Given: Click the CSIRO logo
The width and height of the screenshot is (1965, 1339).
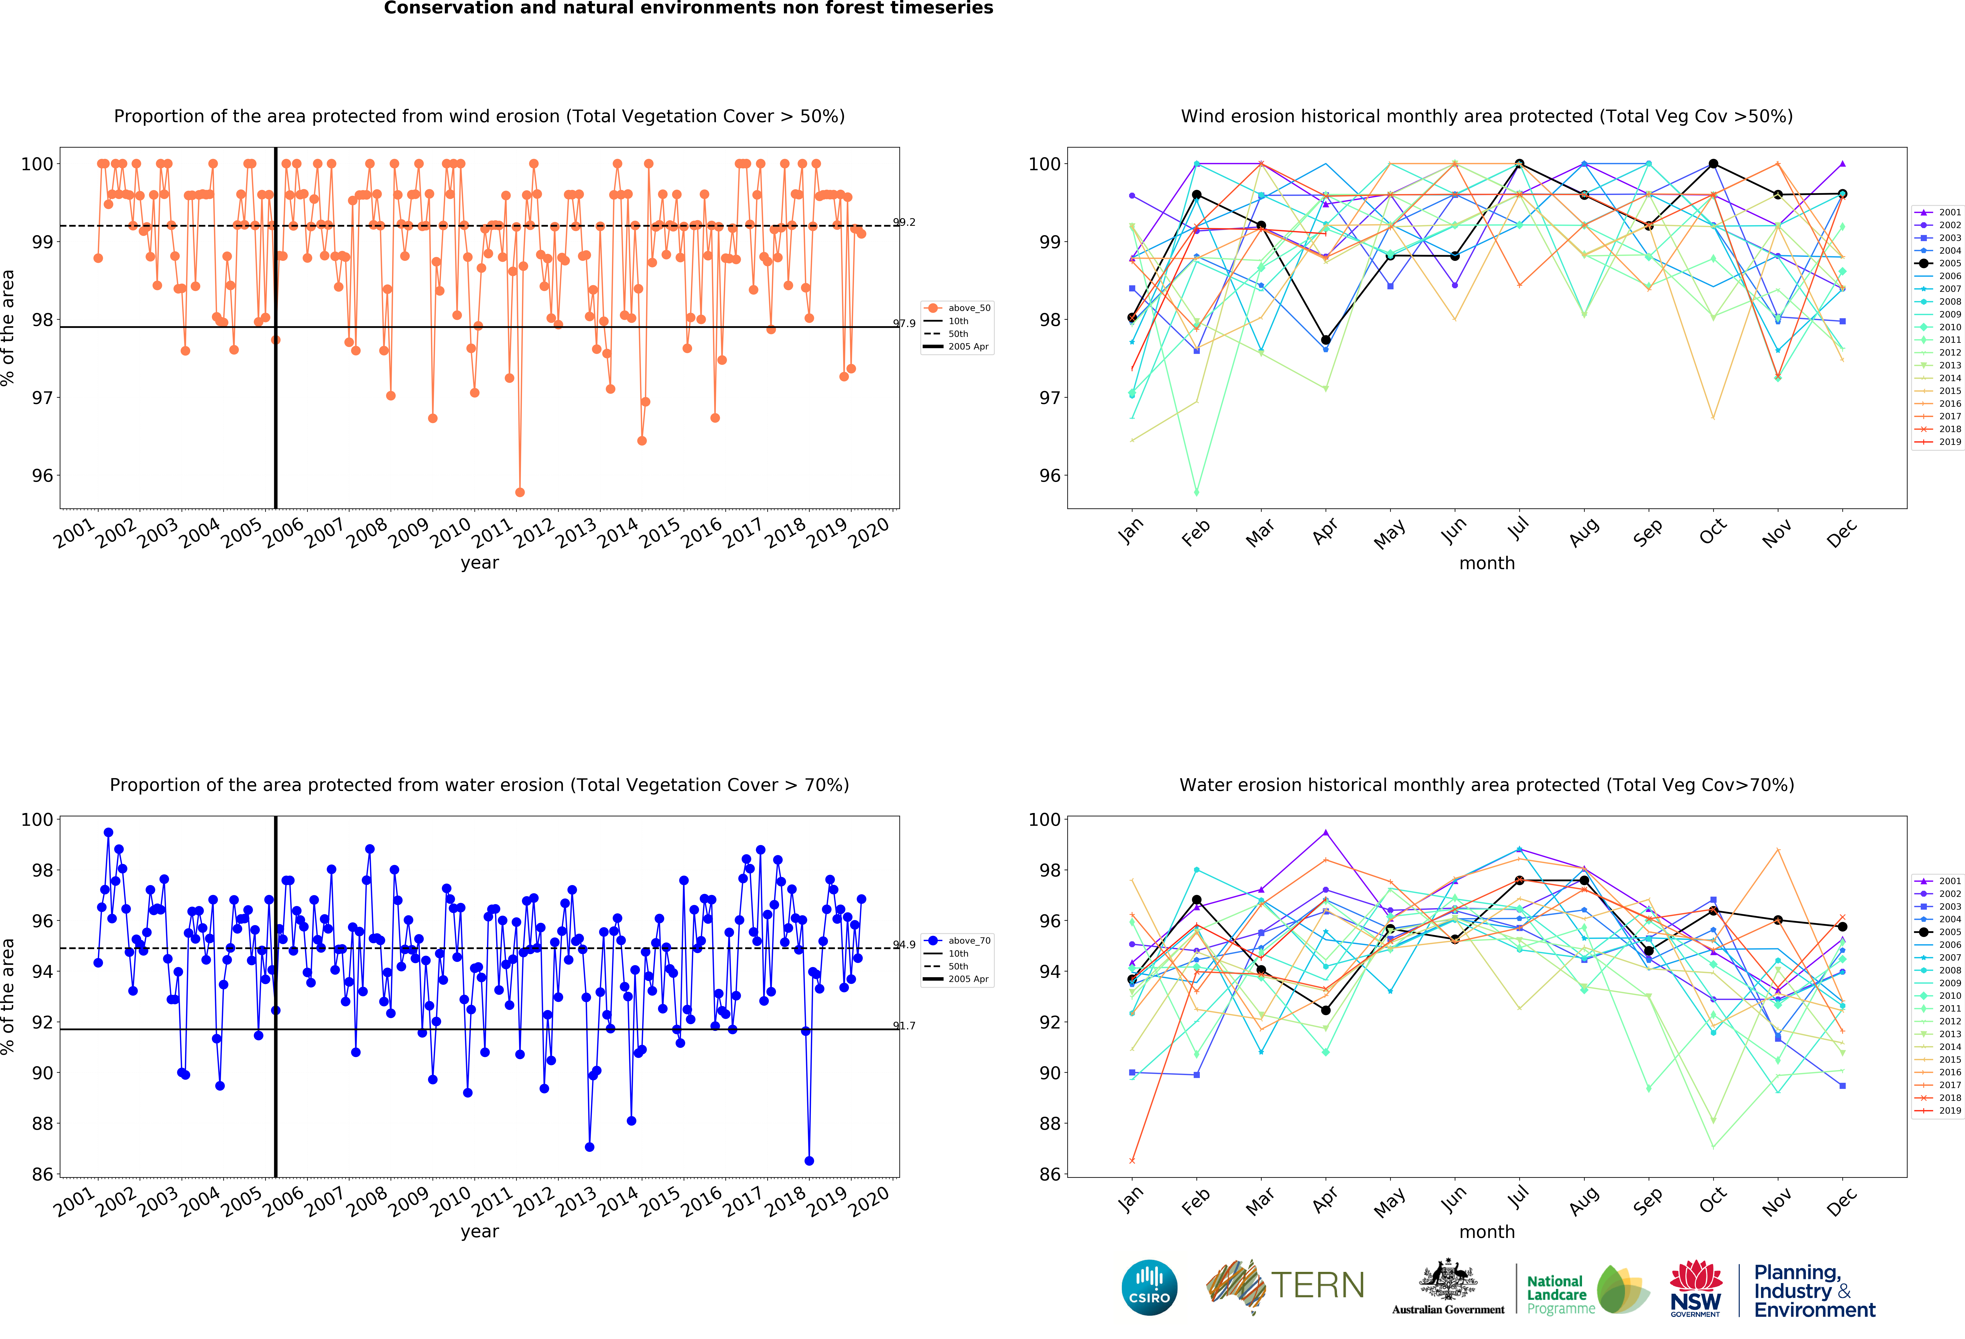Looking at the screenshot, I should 1149,1287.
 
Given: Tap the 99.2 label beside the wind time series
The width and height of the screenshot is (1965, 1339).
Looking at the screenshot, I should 904,222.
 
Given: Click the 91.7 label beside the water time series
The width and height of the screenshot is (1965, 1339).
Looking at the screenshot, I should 904,1025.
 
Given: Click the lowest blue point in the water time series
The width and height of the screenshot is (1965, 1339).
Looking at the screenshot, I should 809,1161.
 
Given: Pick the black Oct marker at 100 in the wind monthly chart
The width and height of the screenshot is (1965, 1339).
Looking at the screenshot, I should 1713,164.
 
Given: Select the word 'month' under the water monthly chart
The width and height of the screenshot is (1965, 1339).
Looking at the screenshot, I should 1486,1232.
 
